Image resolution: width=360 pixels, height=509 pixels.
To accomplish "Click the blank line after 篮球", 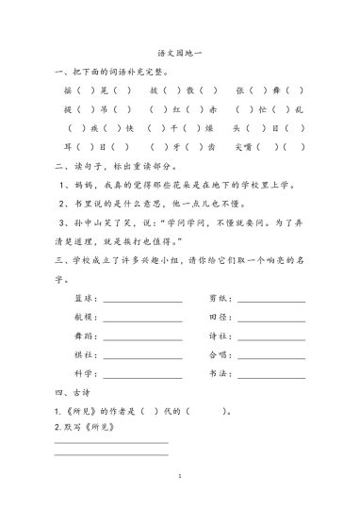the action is pos(142,302).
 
